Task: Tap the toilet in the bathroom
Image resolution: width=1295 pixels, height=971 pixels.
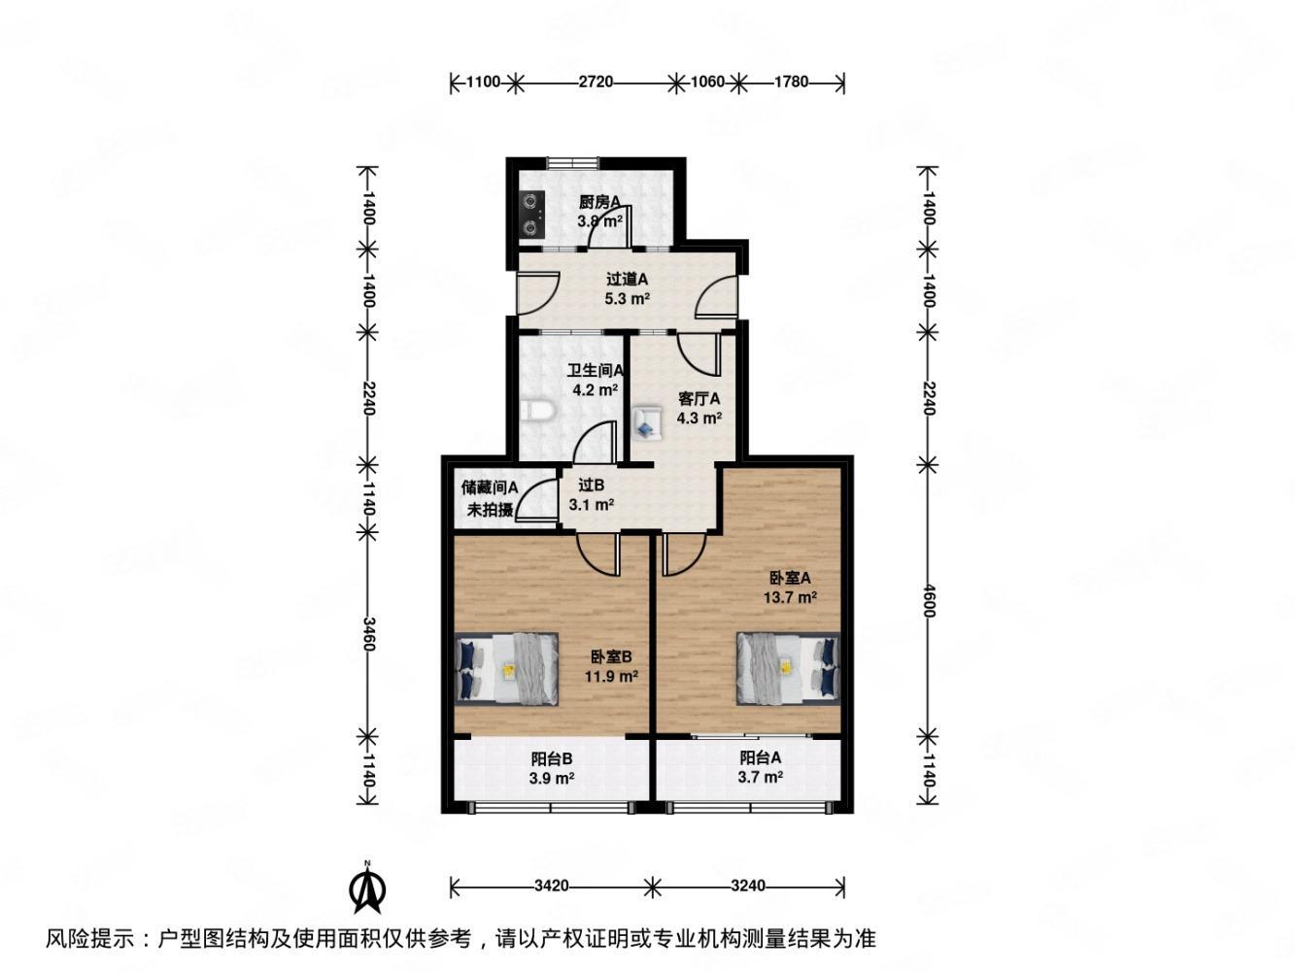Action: pyautogui.click(x=536, y=413)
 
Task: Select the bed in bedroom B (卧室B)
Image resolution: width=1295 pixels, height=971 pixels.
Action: pyautogui.click(x=507, y=668)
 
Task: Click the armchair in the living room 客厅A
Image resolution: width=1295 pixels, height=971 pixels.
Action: pyautogui.click(x=645, y=422)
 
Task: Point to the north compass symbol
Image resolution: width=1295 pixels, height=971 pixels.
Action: pyautogui.click(x=367, y=887)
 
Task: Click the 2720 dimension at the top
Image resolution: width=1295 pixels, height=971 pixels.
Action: pyautogui.click(x=596, y=83)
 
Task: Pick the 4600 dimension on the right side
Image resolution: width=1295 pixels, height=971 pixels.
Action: pyautogui.click(x=928, y=596)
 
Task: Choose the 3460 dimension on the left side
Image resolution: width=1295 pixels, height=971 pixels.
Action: pyautogui.click(x=367, y=631)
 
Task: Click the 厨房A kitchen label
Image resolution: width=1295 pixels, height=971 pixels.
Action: pyautogui.click(x=599, y=202)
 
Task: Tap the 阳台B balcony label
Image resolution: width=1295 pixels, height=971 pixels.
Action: pyautogui.click(x=551, y=759)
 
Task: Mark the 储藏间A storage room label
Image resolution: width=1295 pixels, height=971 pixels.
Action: pyautogui.click(x=490, y=488)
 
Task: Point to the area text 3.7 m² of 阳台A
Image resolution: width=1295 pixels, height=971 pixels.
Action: pyautogui.click(x=761, y=777)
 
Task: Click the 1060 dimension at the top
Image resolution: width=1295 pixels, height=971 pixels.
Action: pyautogui.click(x=707, y=83)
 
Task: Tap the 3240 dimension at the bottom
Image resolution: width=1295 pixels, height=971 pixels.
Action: pyautogui.click(x=748, y=886)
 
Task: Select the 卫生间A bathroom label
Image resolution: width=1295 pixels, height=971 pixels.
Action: pyautogui.click(x=596, y=370)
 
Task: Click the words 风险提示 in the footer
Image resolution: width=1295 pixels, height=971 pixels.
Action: pyautogui.click(x=92, y=939)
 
